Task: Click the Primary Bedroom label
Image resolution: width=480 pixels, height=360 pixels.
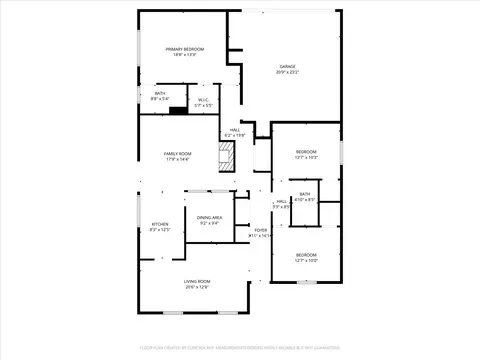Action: (x=185, y=49)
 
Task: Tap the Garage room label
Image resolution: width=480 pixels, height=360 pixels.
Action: (x=287, y=66)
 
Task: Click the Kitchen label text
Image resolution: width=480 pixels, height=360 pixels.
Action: (x=160, y=224)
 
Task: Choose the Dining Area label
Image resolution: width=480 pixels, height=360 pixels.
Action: (x=210, y=218)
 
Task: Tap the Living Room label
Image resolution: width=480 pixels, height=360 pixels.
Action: (x=196, y=282)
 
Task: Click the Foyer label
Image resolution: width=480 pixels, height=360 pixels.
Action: (x=261, y=230)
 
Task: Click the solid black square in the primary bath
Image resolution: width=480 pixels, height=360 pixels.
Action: (x=178, y=110)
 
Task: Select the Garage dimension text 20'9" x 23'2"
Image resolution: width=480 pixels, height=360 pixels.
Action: (x=287, y=72)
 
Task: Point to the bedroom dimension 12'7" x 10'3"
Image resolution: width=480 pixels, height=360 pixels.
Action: (x=306, y=158)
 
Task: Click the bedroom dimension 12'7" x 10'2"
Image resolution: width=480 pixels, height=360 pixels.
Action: (x=306, y=260)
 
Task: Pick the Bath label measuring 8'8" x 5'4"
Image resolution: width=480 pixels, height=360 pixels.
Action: (x=160, y=96)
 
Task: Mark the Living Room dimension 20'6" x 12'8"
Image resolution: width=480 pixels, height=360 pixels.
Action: (x=196, y=288)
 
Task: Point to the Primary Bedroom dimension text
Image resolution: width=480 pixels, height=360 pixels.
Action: (x=185, y=55)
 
